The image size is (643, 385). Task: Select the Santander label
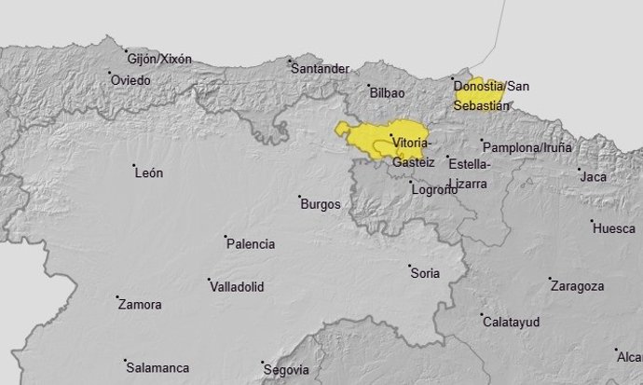point(320,68)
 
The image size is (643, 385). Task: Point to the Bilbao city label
point(387,93)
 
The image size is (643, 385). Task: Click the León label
point(149,172)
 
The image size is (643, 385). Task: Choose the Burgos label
point(320,203)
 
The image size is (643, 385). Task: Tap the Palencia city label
point(252,244)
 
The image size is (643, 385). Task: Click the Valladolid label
point(237,286)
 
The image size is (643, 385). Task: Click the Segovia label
point(286,368)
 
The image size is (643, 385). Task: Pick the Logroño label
point(434,190)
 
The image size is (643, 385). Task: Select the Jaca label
point(593,176)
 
